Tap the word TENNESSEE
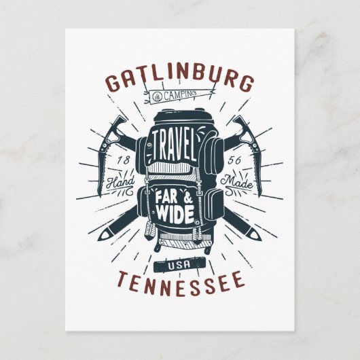click(x=180, y=278)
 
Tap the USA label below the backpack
click(x=180, y=264)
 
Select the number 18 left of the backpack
click(x=124, y=160)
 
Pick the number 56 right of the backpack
click(x=234, y=160)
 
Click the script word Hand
click(x=123, y=182)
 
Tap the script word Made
click(x=238, y=182)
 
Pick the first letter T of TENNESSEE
click(x=122, y=278)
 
